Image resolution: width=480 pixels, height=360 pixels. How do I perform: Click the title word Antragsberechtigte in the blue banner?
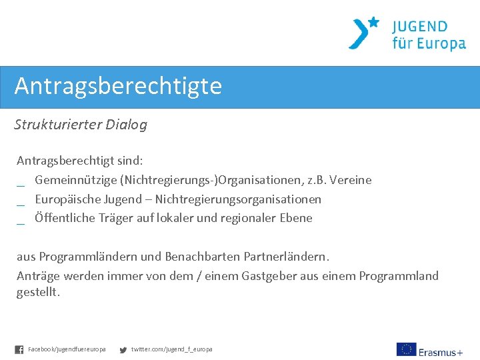118,87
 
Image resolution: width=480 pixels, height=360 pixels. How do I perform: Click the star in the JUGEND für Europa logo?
373,22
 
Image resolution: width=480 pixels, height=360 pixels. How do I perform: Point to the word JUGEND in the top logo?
419,27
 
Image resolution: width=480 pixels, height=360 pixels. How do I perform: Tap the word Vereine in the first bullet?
351,180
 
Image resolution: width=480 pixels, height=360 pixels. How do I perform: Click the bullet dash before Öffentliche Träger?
21,223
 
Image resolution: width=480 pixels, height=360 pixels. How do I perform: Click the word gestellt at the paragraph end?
37,293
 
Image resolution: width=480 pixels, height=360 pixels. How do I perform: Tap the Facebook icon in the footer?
19,349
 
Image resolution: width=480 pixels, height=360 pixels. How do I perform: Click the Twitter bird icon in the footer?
123,349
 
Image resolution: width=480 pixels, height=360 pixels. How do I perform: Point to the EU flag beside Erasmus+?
406,349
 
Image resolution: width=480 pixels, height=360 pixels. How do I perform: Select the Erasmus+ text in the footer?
441,351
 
